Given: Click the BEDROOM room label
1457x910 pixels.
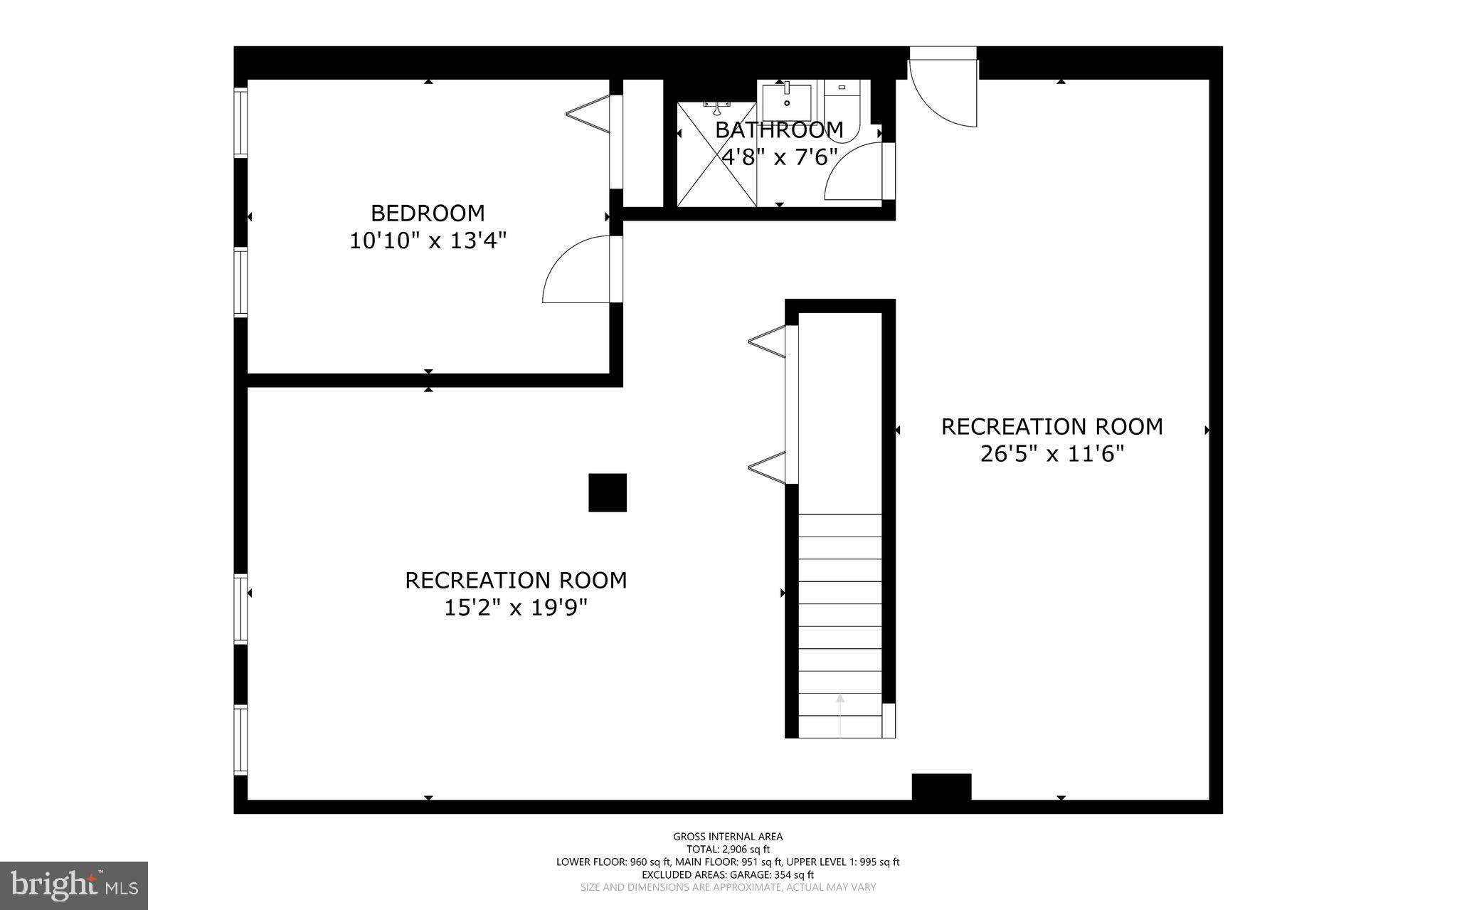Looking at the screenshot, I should click(x=428, y=213).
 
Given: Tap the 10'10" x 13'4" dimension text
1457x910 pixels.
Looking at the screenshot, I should click(x=428, y=241).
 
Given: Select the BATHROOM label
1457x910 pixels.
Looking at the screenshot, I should click(x=779, y=130).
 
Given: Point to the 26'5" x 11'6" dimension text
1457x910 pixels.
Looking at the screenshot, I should click(x=1051, y=454).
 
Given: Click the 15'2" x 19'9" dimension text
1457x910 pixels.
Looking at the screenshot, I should click(x=516, y=608).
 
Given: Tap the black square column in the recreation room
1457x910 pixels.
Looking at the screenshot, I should click(x=608, y=492).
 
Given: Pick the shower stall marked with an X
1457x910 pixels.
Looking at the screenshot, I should click(x=716, y=154).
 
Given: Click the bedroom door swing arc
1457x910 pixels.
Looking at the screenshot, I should click(x=573, y=274).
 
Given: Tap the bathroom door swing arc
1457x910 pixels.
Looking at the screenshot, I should click(x=852, y=172).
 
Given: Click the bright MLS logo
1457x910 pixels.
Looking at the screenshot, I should click(x=74, y=885).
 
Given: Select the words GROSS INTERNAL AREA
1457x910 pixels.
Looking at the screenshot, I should click(x=728, y=837).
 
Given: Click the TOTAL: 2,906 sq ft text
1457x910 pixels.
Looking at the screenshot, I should click(x=728, y=850).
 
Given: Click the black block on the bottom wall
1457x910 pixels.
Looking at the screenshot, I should click(x=941, y=787).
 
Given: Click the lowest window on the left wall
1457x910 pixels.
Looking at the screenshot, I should click(x=241, y=739).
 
